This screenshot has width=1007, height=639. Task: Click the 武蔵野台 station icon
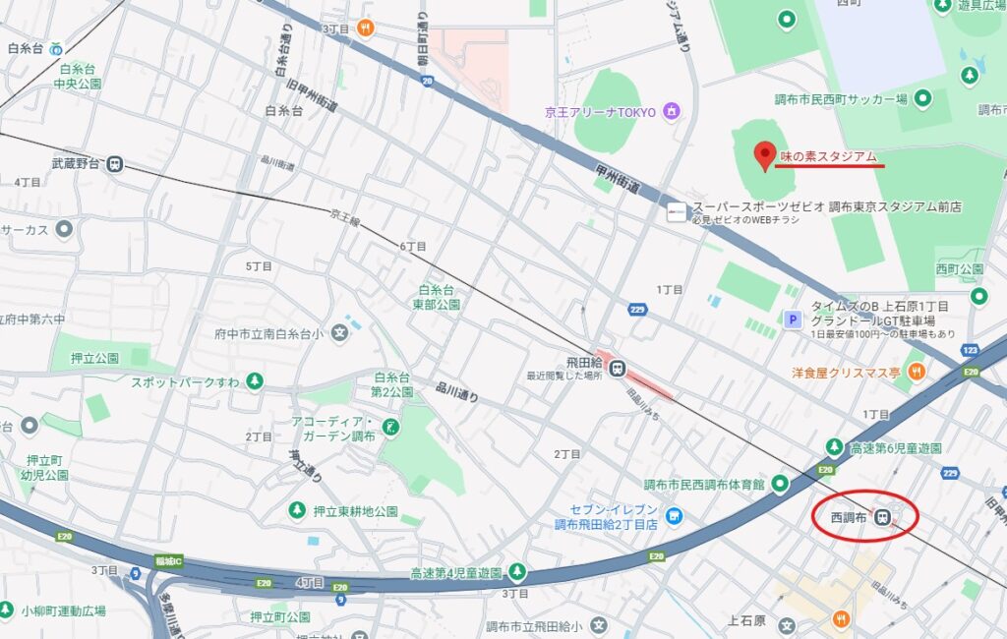pos(115,164)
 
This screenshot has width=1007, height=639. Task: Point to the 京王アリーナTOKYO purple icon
pos(673,111)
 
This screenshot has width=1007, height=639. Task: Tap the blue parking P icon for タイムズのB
pos(791,318)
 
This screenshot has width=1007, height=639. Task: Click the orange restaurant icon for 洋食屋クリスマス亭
pos(917,372)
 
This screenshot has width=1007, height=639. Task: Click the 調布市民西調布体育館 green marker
pos(780,483)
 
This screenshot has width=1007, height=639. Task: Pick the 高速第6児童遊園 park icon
pos(834,447)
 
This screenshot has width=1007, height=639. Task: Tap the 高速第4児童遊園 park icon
pos(516,572)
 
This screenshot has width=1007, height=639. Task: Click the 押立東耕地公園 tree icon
pos(296,510)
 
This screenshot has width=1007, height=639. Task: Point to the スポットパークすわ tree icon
pos(255,380)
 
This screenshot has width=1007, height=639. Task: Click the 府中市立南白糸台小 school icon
pos(340,333)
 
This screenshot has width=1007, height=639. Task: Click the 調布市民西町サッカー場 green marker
pos(922,97)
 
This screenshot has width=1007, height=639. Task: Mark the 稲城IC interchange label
pos(169,561)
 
